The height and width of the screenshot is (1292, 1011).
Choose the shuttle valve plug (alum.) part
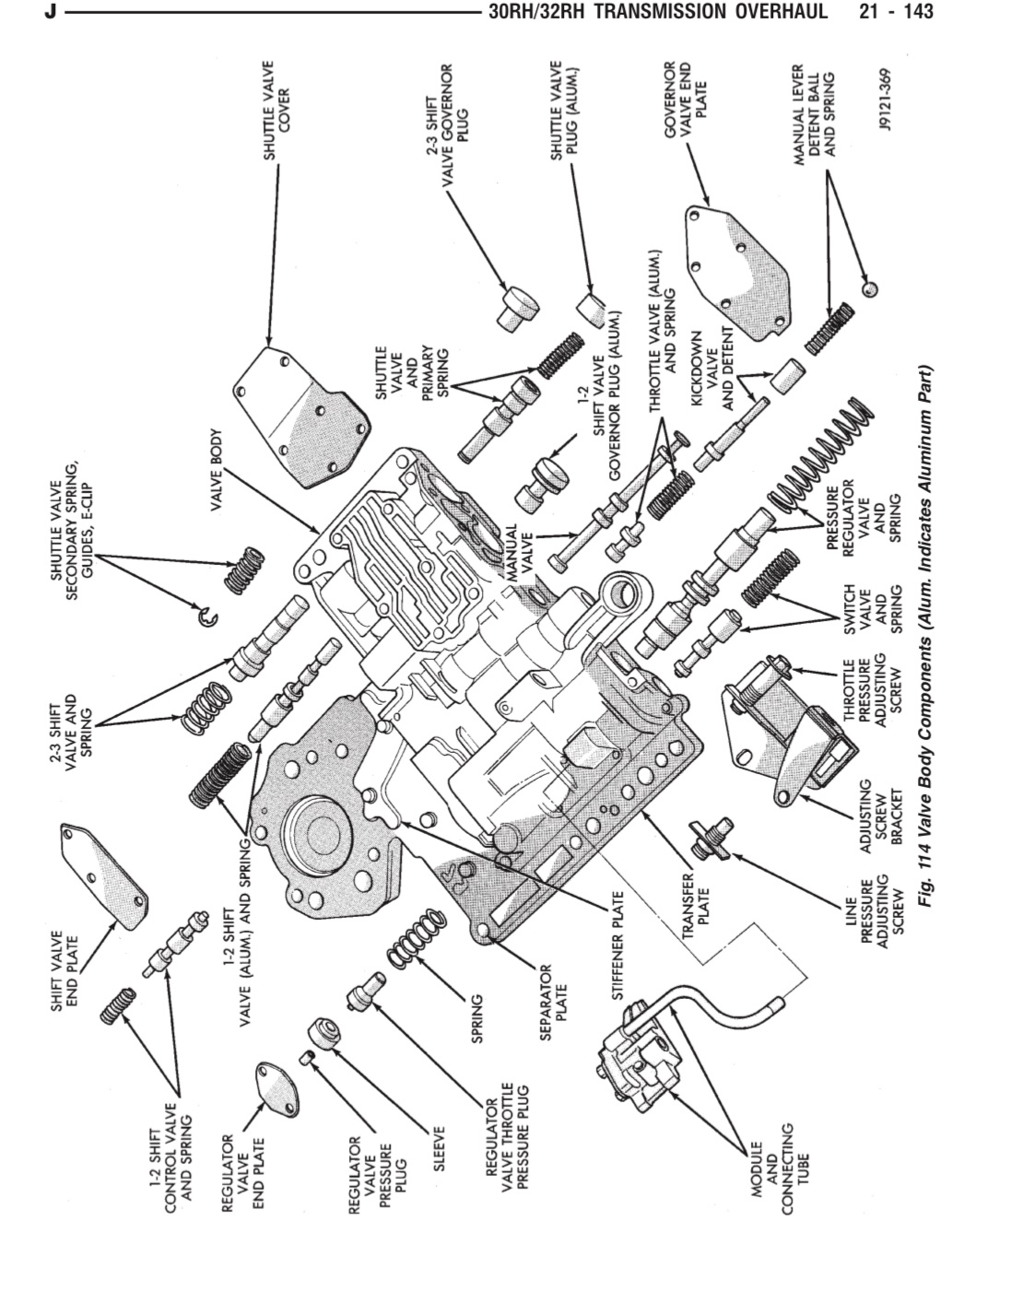tap(593, 308)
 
